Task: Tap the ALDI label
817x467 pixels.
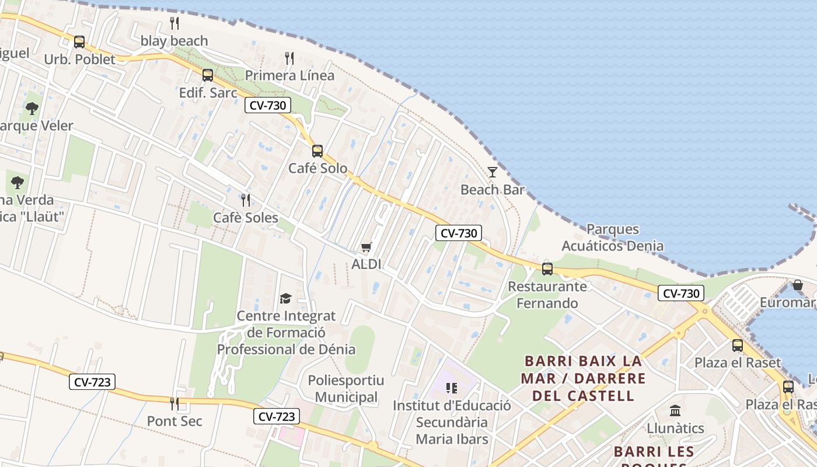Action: [366, 264]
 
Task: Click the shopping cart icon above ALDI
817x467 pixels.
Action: [366, 247]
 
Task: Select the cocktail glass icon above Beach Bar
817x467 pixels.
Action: [493, 172]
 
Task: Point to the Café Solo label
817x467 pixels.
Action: [317, 168]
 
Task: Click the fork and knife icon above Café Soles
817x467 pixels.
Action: [246, 200]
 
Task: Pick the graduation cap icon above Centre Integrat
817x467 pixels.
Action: [285, 298]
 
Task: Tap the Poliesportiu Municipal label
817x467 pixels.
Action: [346, 389]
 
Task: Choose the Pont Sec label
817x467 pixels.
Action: [174, 421]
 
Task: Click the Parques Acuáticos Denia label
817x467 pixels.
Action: [612, 237]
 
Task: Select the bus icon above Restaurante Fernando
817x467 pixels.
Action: [547, 269]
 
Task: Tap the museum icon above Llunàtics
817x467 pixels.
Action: [675, 410]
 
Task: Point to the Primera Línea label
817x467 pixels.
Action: [289, 75]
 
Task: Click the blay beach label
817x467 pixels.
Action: [174, 41]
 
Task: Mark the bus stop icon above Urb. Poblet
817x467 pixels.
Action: [79, 41]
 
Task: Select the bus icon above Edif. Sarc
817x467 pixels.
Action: [207, 75]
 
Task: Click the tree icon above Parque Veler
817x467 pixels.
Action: [32, 108]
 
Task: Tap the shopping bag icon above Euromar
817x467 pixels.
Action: [797, 285]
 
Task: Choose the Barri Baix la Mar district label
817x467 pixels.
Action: [583, 378]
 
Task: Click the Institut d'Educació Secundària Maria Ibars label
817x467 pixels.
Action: [452, 421]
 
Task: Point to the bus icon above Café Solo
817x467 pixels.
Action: [317, 151]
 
